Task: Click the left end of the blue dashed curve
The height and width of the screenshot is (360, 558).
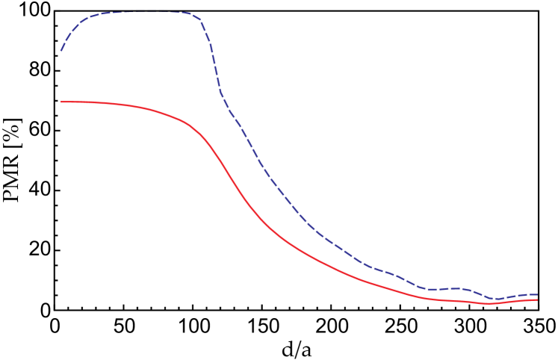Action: [61, 51]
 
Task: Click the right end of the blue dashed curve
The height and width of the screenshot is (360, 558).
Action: [537, 294]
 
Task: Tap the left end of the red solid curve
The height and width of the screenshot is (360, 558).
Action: [61, 102]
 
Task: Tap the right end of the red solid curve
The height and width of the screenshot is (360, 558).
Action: [537, 300]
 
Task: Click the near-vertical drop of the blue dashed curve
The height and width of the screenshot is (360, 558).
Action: [214, 60]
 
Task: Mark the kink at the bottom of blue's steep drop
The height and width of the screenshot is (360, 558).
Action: [222, 96]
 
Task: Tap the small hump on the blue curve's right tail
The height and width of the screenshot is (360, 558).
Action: [462, 288]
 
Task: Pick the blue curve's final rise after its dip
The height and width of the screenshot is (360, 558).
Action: [515, 296]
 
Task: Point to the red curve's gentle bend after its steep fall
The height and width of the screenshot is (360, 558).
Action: [280, 236]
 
